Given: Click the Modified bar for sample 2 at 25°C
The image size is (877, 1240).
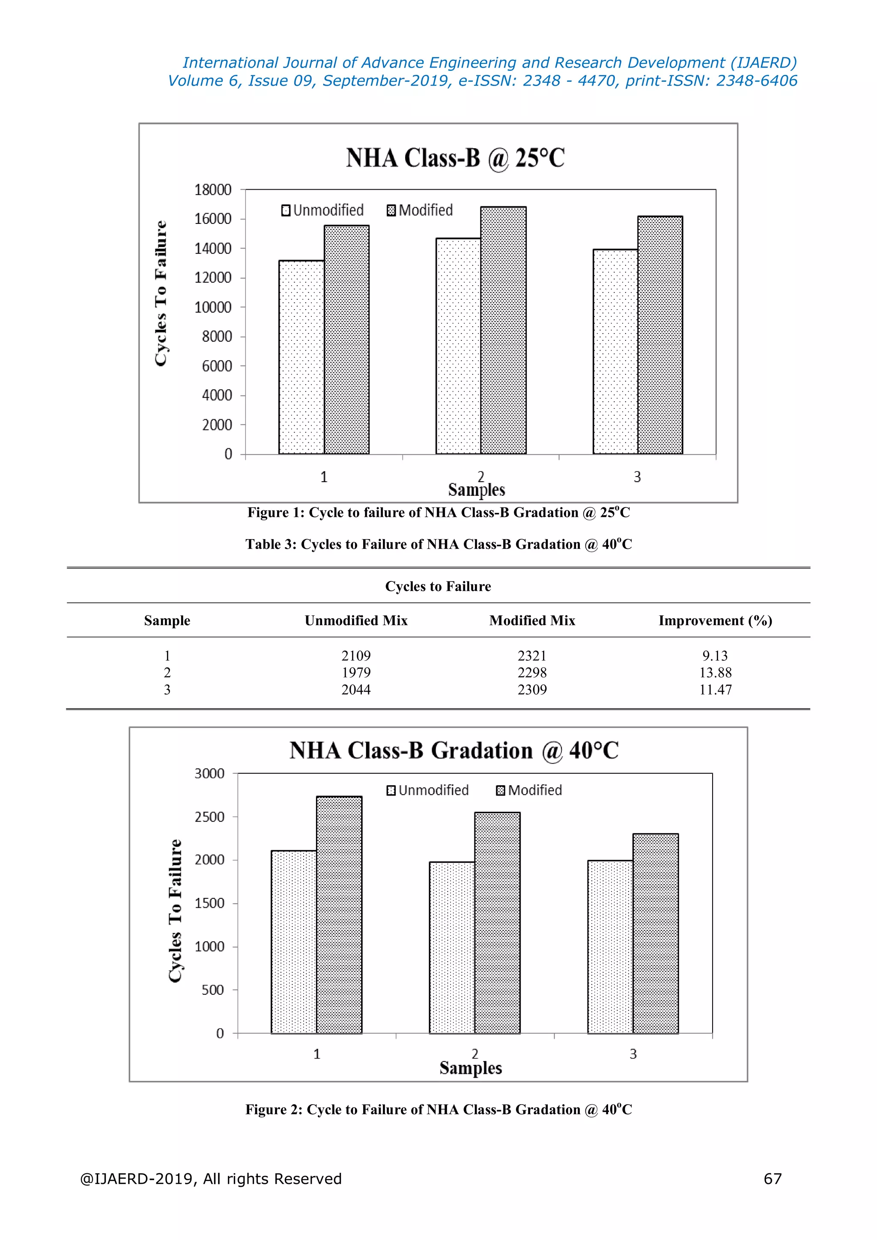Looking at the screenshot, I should (503, 330).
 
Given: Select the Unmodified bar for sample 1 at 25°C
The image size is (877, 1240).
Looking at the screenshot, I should (301, 357).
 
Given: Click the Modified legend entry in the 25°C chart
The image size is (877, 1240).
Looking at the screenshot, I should (420, 210).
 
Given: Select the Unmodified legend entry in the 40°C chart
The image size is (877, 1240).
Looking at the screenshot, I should (428, 790).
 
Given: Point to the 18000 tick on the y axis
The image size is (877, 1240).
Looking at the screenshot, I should (213, 190).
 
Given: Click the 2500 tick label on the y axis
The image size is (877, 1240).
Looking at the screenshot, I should (209, 817).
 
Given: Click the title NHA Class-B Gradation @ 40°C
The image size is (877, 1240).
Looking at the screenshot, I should (453, 750).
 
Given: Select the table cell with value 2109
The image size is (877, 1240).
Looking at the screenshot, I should (356, 656).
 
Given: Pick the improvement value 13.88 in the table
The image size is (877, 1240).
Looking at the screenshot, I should (715, 672).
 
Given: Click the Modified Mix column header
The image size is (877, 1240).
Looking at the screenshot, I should (532, 620).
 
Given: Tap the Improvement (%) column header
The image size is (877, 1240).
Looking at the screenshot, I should (715, 620).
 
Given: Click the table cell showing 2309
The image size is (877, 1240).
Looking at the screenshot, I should (532, 690).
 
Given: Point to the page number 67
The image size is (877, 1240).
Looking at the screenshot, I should (772, 1178).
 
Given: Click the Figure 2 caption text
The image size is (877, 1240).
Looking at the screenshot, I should (438, 1109).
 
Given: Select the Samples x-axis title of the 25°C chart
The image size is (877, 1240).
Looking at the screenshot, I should (476, 490).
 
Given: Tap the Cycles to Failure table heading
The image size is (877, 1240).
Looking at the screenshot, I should (438, 587).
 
